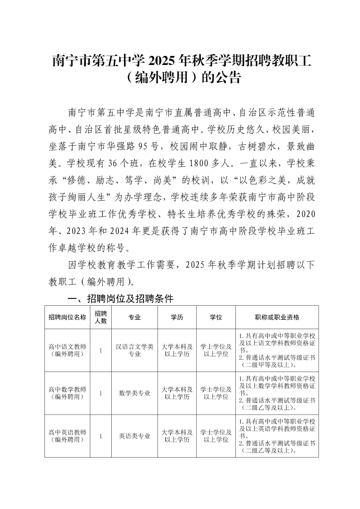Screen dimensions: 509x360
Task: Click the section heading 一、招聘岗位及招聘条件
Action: [120, 298]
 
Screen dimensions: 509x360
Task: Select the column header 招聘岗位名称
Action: [67, 317]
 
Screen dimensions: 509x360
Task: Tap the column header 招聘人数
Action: [101, 317]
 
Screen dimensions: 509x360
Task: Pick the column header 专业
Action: [135, 317]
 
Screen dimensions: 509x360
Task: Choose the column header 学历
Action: [177, 317]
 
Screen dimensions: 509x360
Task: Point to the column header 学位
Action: [216, 317]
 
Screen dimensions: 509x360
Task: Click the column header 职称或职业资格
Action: [277, 317]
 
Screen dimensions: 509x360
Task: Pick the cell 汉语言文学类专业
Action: [135, 350]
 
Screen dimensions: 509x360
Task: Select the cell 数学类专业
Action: [135, 393]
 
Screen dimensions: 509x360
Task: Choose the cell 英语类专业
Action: [135, 436]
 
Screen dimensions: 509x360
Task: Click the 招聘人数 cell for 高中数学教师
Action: [101, 393]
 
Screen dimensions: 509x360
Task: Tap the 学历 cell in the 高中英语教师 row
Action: [177, 436]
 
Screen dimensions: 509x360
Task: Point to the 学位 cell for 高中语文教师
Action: [216, 350]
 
